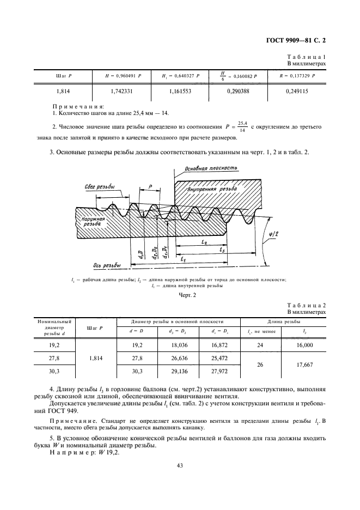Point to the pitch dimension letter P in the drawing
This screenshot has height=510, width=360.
tap(150, 186)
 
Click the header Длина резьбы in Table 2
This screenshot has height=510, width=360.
tap(283, 321)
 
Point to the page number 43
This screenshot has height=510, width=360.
tap(179, 465)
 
